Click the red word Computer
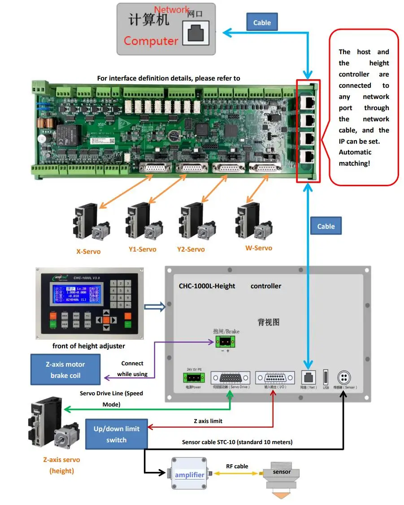[151, 41]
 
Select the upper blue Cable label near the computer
[262, 22]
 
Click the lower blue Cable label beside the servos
[326, 226]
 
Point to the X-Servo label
[88, 252]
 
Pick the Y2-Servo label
[191, 249]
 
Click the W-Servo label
[258, 248]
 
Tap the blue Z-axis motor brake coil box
[65, 370]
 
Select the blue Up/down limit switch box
[116, 434]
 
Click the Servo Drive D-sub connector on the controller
[230, 377]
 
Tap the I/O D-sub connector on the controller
[274, 377]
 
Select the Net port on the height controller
[308, 377]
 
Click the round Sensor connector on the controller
[343, 377]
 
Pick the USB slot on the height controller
[326, 377]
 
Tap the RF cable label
[237, 466]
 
